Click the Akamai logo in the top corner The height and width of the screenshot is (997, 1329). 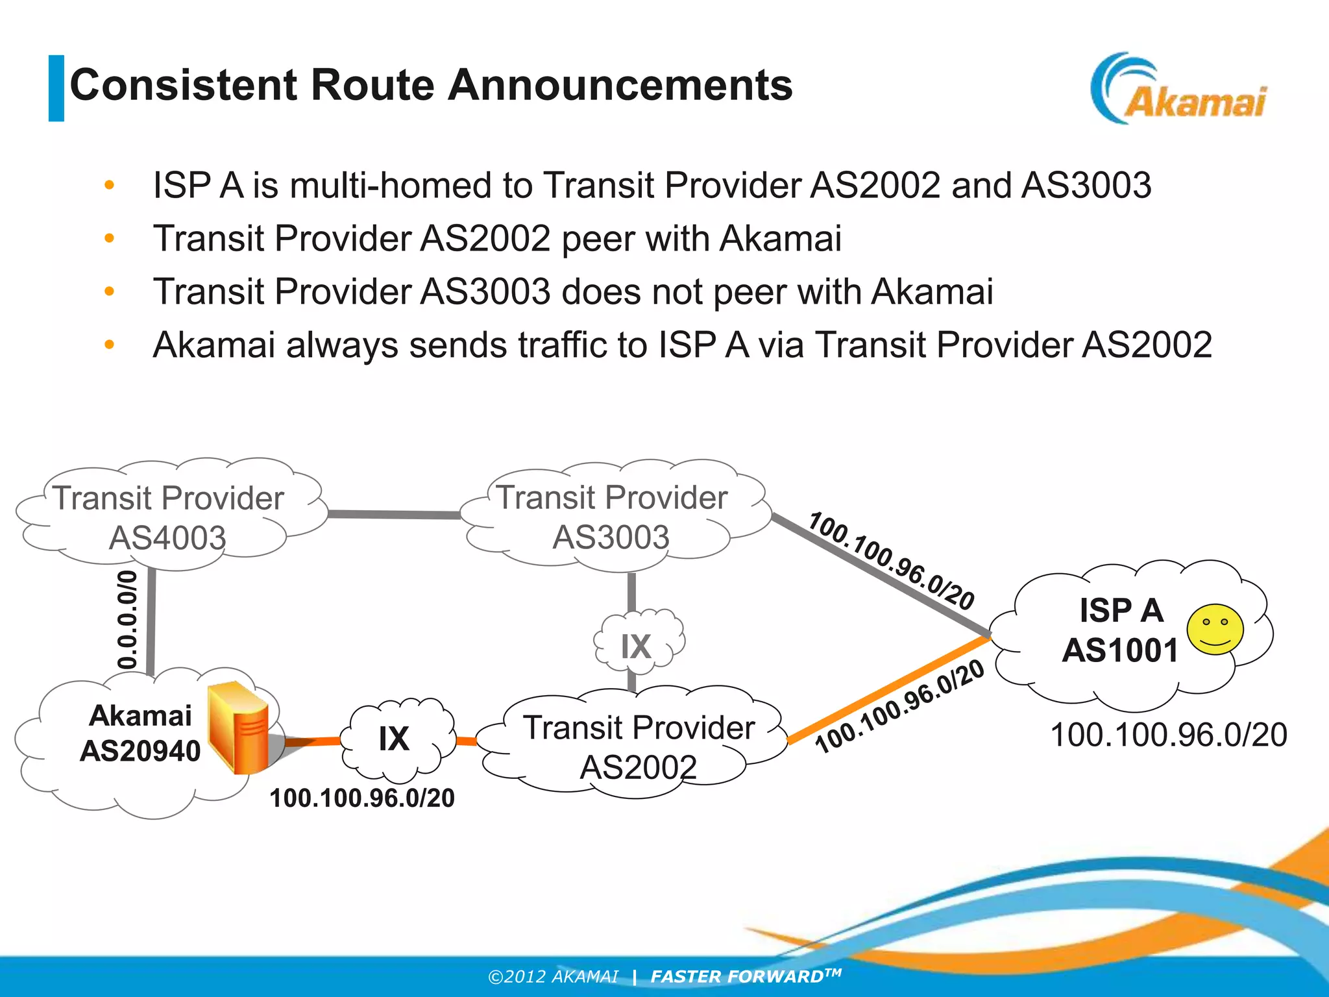(x=1178, y=90)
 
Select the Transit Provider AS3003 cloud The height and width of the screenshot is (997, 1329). (x=611, y=517)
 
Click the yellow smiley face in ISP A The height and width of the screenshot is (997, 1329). (x=1215, y=630)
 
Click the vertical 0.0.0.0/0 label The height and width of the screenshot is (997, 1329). (x=128, y=620)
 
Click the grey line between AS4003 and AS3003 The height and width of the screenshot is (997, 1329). (x=394, y=514)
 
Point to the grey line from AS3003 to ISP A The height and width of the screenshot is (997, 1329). (x=876, y=571)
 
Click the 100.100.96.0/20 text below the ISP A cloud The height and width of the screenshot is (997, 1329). (x=1168, y=735)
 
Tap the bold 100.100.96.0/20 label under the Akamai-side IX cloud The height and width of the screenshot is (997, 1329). (x=362, y=798)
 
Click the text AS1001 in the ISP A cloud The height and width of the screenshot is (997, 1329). (x=1119, y=650)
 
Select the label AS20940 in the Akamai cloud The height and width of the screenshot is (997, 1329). (x=140, y=751)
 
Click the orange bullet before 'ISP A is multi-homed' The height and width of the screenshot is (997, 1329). (x=109, y=185)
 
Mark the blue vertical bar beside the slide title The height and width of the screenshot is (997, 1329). (x=56, y=88)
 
